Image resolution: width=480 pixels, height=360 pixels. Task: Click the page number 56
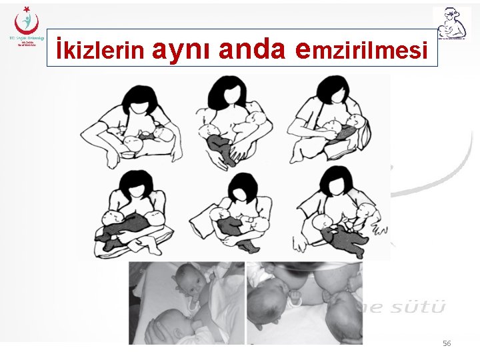point(447,343)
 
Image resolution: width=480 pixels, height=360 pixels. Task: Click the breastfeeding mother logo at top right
point(451,25)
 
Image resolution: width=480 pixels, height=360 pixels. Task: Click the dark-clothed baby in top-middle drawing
point(225,148)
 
